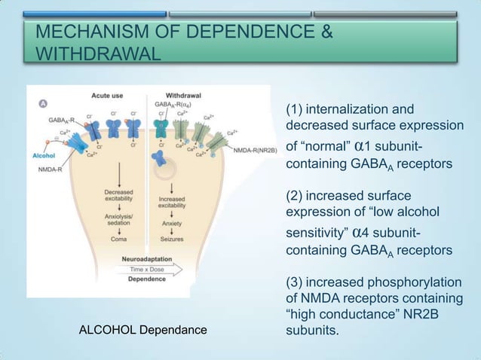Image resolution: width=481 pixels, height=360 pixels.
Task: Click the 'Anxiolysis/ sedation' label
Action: coord(119,219)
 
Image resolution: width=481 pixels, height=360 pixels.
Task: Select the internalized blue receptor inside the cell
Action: coord(159,157)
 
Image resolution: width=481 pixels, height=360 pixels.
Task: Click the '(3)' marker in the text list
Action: coord(294,282)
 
